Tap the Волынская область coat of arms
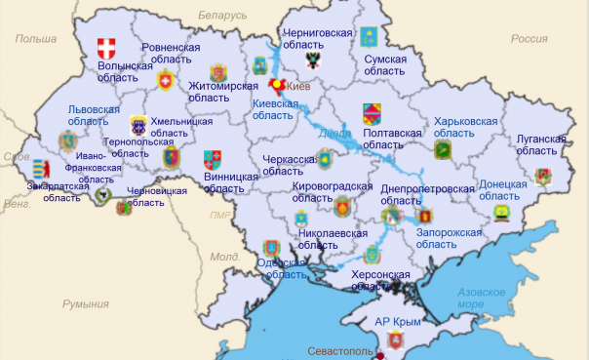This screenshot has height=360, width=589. (x=107, y=48)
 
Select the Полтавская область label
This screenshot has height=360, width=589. (x=392, y=139)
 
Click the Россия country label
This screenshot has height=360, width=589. (x=530, y=39)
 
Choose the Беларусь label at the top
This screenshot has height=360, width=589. (x=222, y=16)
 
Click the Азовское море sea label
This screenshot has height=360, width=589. (x=484, y=298)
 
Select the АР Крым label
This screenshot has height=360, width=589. (x=399, y=320)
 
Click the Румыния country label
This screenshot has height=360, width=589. (x=86, y=304)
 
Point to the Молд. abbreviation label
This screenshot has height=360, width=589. (x=225, y=257)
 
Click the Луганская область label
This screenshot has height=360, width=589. (x=540, y=144)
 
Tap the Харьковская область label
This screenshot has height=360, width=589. (x=465, y=127)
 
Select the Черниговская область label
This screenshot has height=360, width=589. (x=317, y=38)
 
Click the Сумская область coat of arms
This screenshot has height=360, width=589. (x=371, y=38)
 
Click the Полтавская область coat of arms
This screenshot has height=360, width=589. (x=372, y=112)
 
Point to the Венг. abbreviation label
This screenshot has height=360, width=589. (x=17, y=205)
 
